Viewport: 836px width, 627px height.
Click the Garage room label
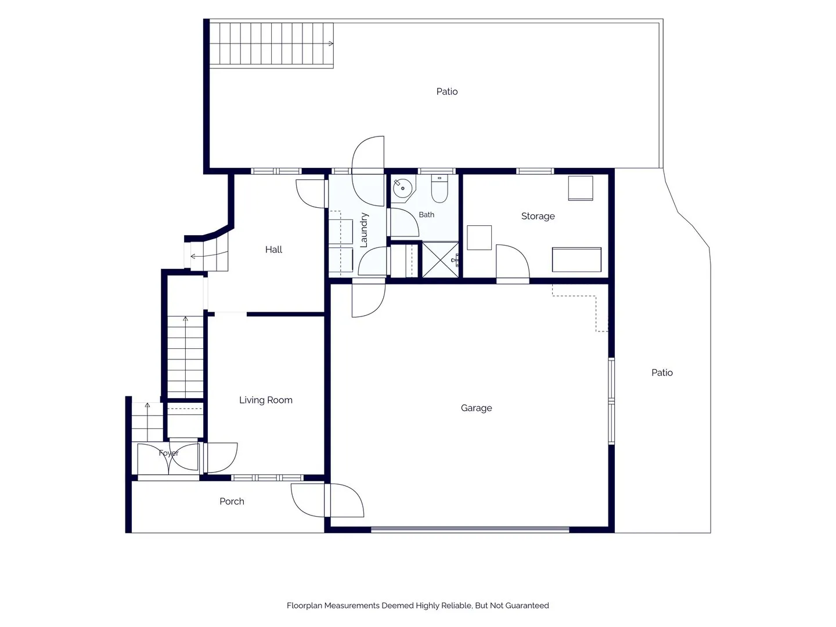pos(476,408)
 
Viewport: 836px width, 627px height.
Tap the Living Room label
pos(265,400)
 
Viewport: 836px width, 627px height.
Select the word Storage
pos(538,216)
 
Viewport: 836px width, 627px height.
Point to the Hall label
pos(273,250)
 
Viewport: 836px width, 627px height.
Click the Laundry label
pos(364,230)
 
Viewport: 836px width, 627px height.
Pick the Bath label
pos(426,215)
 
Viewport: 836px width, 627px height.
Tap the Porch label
pos(232,502)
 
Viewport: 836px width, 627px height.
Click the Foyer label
pos(168,453)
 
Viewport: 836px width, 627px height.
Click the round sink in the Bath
pos(402,188)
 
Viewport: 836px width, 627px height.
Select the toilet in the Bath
pos(439,189)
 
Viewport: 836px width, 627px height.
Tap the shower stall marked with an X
pos(440,260)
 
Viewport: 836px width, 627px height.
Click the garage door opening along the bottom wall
pos(470,529)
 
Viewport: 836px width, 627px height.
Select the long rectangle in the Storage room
pos(576,260)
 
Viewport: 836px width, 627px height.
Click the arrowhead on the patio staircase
pos(331,44)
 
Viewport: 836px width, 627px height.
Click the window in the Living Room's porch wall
pos(267,478)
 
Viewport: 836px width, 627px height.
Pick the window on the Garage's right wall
pos(611,401)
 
